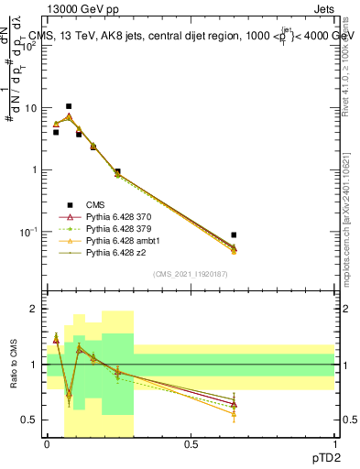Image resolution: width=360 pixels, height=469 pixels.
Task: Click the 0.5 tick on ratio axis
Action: click(32, 420)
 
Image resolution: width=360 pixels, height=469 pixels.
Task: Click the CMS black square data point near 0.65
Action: click(234, 235)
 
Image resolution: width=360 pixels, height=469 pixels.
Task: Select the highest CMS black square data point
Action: click(69, 106)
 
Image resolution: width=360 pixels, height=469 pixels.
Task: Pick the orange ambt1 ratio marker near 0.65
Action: click(234, 414)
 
